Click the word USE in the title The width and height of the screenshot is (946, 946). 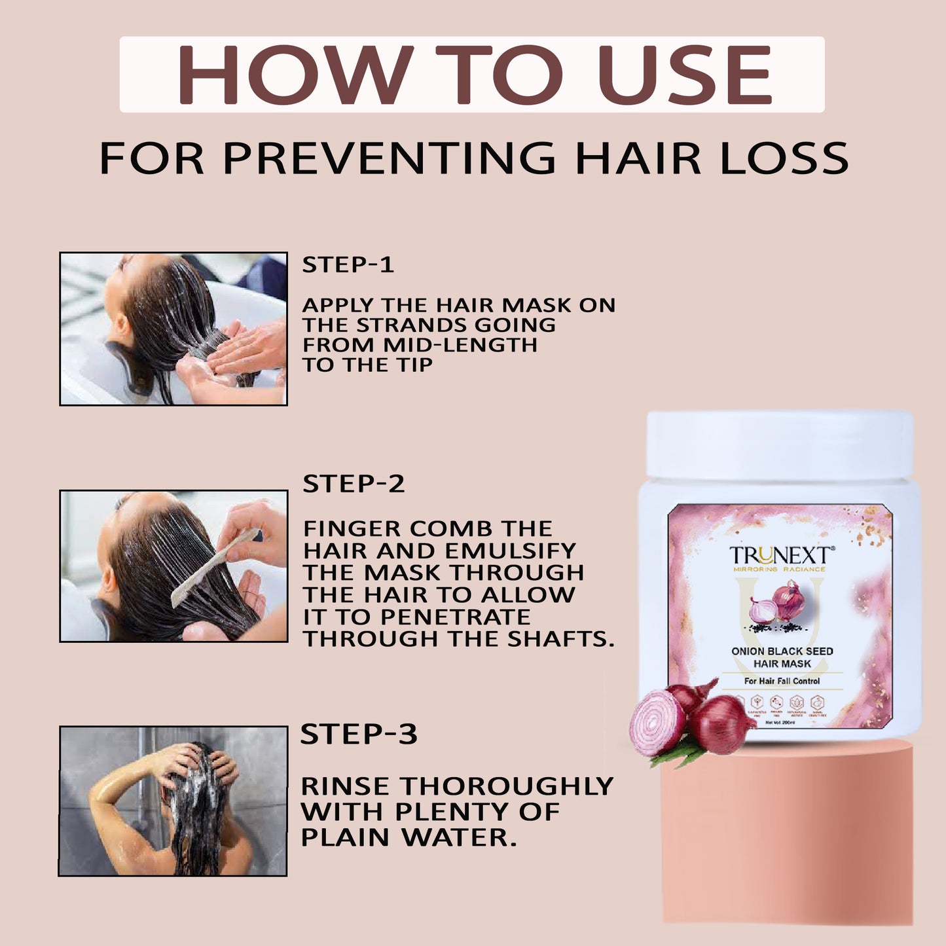point(685,75)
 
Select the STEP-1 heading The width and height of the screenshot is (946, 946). point(348,264)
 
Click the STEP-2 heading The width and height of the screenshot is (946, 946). point(354,484)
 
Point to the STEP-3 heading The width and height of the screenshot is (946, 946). point(358,734)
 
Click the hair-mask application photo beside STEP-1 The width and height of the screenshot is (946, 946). point(173,329)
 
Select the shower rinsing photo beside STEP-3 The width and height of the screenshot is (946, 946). point(173,800)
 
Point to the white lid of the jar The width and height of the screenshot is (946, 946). point(779,445)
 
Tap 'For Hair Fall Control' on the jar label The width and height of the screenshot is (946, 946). point(782,681)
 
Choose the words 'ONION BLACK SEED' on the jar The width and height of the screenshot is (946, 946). point(782,651)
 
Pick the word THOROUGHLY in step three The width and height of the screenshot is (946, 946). point(507,786)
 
